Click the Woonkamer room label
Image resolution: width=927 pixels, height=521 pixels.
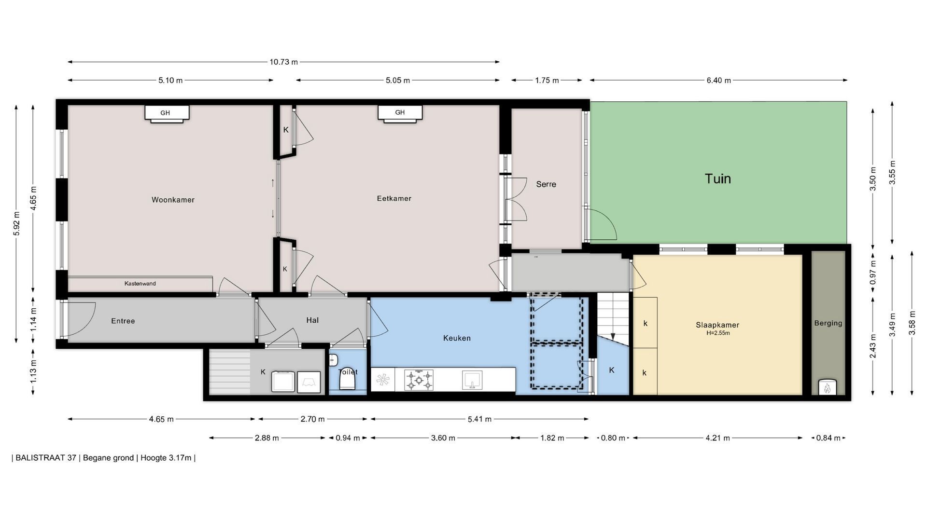[173, 200]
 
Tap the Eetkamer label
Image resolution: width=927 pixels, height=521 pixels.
[394, 198]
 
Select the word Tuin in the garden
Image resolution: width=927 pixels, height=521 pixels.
[718, 178]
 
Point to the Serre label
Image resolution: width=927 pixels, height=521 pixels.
[546, 184]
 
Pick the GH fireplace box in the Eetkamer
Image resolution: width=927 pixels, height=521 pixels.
[400, 113]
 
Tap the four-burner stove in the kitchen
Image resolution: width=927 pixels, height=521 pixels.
[419, 380]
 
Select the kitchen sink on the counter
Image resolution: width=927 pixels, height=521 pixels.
[472, 379]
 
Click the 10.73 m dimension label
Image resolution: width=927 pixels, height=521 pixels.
[284, 62]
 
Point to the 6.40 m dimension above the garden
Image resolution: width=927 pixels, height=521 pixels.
[718, 80]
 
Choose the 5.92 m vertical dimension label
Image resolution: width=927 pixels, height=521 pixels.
[17, 224]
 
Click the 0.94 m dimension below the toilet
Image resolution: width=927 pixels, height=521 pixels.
[348, 438]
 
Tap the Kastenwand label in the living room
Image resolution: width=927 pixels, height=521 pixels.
[140, 284]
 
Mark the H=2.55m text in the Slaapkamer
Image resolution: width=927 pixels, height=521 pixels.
[717, 333]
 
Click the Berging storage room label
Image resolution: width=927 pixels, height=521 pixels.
[828, 323]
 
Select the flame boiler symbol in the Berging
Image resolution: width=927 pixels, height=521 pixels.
[828, 387]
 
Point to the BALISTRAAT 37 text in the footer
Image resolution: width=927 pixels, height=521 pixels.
[46, 458]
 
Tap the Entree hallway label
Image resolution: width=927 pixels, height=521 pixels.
[123, 321]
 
